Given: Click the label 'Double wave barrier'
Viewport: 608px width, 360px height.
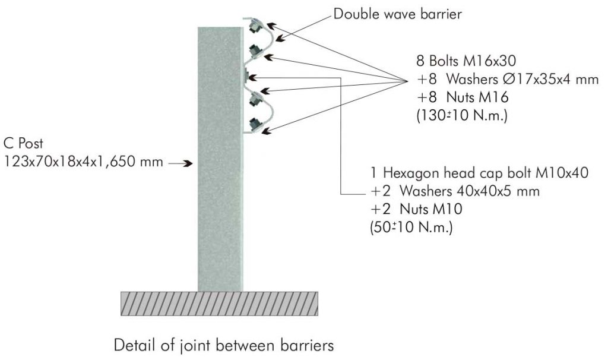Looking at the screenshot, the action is click(x=397, y=14).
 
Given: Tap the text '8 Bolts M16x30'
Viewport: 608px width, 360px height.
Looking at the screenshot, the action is click(x=466, y=61).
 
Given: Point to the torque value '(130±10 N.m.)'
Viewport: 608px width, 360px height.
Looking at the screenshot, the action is click(x=462, y=115).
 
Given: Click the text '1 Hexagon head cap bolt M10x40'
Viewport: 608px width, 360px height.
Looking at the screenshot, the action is click(x=479, y=173).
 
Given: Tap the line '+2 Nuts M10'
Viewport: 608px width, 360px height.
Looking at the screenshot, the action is click(x=416, y=209).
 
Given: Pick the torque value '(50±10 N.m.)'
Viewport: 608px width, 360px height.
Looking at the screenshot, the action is click(x=411, y=228).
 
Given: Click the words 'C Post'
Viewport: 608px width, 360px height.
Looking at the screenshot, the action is click(x=23, y=143).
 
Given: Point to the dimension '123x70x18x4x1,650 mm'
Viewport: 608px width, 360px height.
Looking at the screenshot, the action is click(x=83, y=162).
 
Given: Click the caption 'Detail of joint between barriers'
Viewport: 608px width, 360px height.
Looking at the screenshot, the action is click(x=224, y=345).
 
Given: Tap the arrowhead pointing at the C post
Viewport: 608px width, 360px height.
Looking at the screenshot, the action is click(x=188, y=163).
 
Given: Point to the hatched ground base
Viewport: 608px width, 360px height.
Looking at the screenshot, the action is click(x=220, y=304).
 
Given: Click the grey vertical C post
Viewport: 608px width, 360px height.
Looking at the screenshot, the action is click(x=220, y=159).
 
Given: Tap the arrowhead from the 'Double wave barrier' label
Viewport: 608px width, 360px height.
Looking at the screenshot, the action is click(x=280, y=39).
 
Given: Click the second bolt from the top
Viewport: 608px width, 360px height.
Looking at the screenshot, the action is click(x=254, y=50).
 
